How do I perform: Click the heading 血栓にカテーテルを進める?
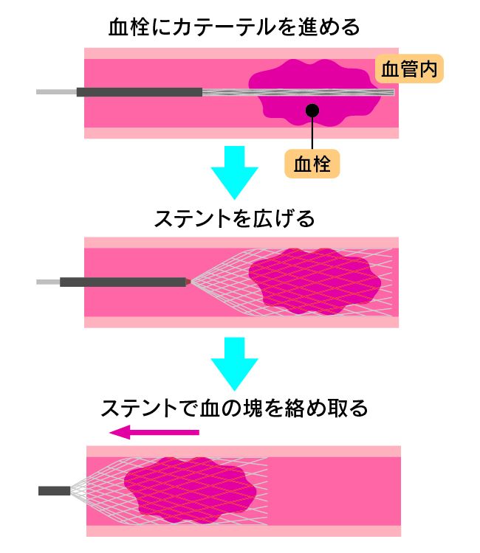click(x=234, y=28)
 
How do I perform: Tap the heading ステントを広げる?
click(x=234, y=219)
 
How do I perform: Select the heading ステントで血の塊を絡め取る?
click(x=234, y=408)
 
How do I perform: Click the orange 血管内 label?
click(x=409, y=70)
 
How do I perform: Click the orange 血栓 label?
click(x=312, y=164)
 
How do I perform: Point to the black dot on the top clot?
click(x=312, y=111)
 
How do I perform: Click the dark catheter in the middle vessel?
click(x=123, y=282)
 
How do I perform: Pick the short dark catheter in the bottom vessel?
click(x=54, y=490)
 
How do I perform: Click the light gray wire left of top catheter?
click(x=56, y=92)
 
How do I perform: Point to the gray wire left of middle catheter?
click(x=47, y=282)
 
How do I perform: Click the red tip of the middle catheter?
click(x=188, y=282)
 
